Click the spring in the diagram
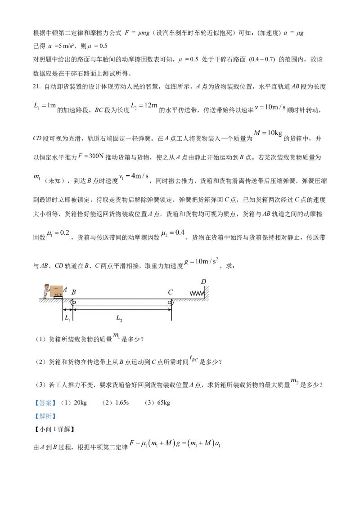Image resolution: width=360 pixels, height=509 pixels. click(x=197, y=294)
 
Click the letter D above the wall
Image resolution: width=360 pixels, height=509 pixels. click(x=204, y=281)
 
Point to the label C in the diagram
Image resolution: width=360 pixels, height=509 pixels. click(x=170, y=292)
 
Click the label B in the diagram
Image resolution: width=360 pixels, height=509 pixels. click(x=74, y=292)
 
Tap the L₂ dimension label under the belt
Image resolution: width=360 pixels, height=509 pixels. click(x=119, y=318)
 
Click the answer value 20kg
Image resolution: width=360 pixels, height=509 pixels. click(x=80, y=403)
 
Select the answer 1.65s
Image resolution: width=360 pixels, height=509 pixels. click(x=122, y=403)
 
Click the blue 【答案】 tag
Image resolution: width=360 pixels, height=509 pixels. click(x=45, y=403)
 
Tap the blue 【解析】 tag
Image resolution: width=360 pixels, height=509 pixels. click(x=45, y=416)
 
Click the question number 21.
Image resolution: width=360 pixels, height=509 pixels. click(x=37, y=87)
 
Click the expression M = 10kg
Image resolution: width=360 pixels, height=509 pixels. click(x=268, y=133)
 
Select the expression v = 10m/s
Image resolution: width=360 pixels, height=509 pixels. click(x=270, y=107)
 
